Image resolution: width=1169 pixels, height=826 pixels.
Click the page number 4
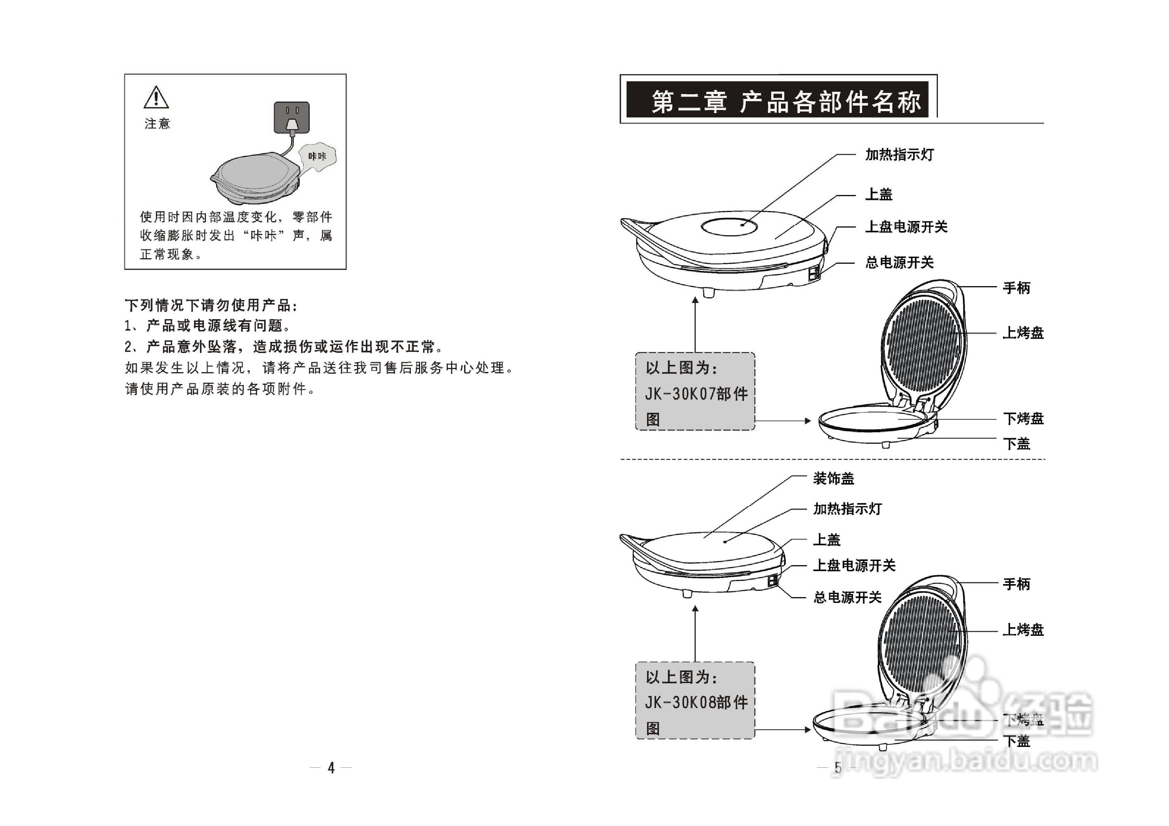click(331, 767)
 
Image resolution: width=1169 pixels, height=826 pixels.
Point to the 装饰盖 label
click(833, 478)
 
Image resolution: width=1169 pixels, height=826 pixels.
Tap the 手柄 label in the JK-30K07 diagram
click(1016, 288)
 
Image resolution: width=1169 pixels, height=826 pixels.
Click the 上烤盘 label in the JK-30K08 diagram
click(1023, 630)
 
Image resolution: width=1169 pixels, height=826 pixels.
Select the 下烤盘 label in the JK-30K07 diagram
click(1023, 419)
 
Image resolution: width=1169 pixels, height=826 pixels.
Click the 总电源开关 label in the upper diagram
click(899, 263)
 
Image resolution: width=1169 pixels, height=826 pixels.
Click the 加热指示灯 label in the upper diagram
click(899, 155)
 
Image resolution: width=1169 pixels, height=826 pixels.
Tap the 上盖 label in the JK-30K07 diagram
click(879, 194)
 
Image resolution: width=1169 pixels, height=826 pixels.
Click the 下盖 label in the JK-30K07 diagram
click(1016, 444)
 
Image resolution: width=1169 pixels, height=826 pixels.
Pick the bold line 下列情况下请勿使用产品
click(211, 305)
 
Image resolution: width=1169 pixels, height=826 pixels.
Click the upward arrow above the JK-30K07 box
click(695, 323)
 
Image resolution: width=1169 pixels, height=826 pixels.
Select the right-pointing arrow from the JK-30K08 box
click(784, 729)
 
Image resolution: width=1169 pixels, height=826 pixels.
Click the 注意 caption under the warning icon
click(157, 124)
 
